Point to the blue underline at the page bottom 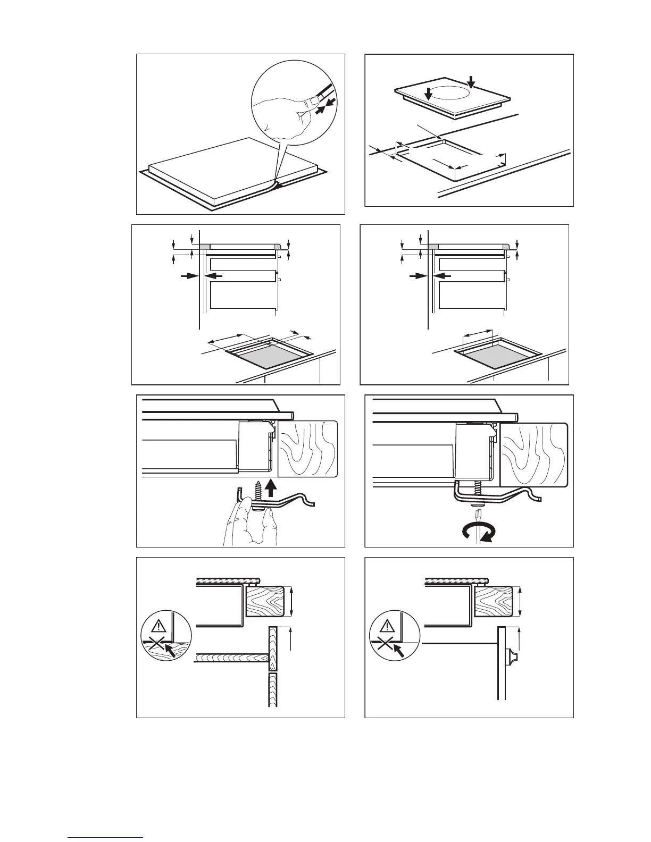point(106,838)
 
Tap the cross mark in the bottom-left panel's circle point(155,645)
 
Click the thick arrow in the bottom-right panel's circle point(397,649)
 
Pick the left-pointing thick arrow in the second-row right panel point(443,276)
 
